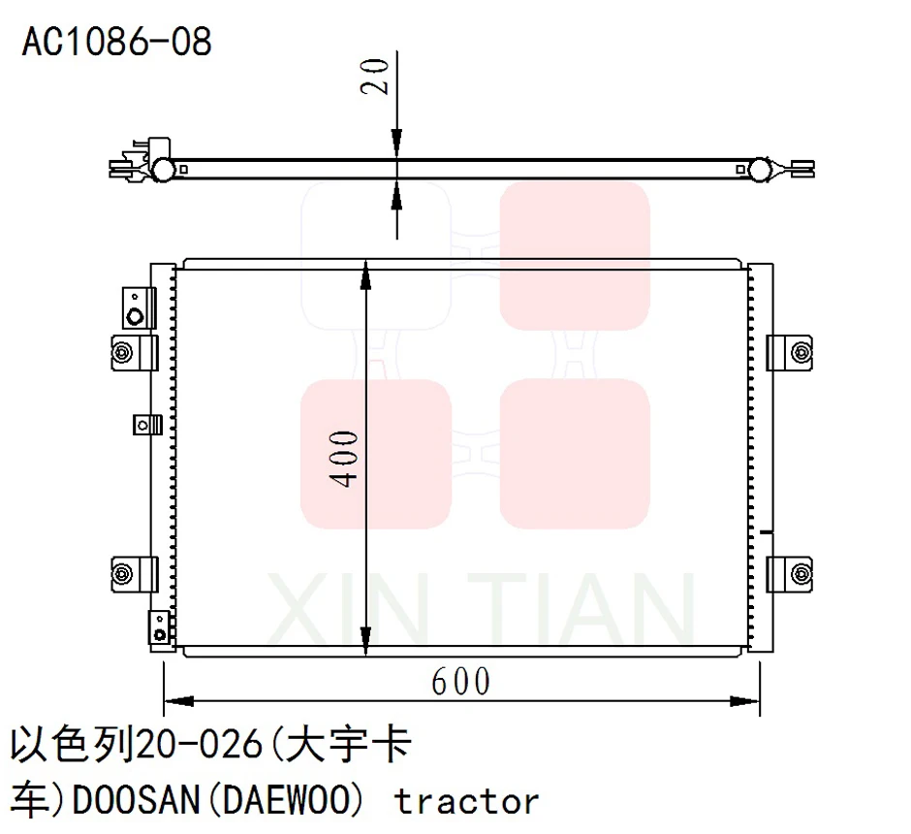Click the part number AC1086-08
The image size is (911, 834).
(x=116, y=42)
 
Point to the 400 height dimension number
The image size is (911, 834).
(x=349, y=458)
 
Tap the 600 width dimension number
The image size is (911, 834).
(x=461, y=682)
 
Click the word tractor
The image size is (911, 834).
(x=466, y=801)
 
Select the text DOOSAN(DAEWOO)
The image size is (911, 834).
(x=218, y=801)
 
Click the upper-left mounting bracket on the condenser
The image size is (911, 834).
(x=134, y=351)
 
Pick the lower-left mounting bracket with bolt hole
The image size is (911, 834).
(x=134, y=573)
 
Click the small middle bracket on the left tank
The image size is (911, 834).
(x=145, y=424)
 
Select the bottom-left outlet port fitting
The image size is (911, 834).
(x=159, y=627)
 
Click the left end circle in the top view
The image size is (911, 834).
(x=163, y=171)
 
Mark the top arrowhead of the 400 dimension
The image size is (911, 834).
(x=365, y=274)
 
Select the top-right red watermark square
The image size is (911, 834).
(x=574, y=255)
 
